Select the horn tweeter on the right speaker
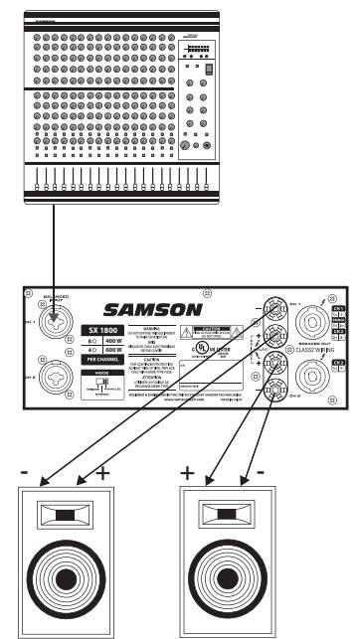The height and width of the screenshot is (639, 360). tap(238, 516)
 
